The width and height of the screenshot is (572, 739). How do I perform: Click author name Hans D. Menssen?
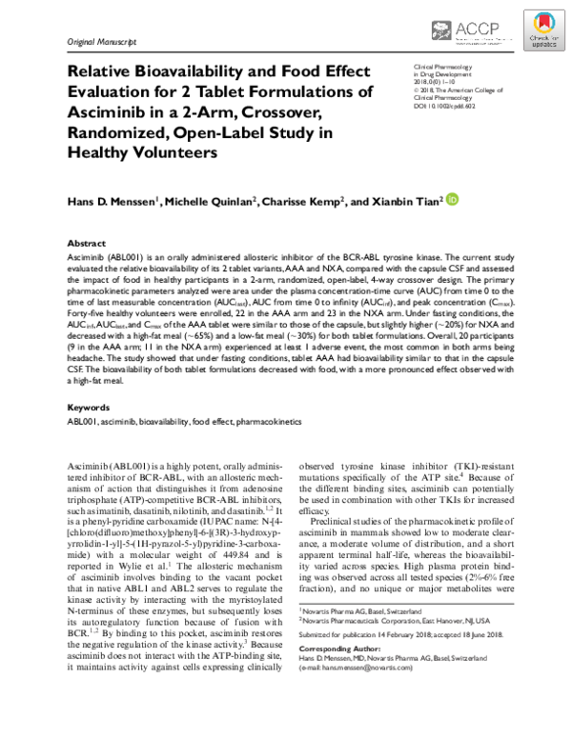click(x=115, y=201)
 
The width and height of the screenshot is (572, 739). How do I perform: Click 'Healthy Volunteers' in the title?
click(x=141, y=151)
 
